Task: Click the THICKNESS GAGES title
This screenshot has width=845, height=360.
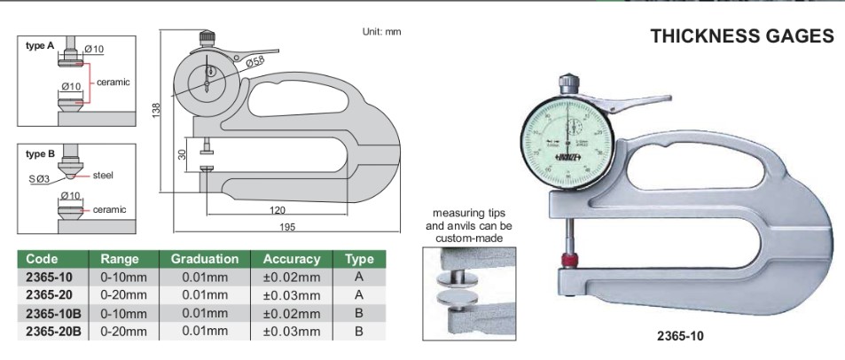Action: (742, 36)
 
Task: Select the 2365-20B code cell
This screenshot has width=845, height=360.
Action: (54, 331)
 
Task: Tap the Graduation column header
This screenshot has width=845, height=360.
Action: (205, 259)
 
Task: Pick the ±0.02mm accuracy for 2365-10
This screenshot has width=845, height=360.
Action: (292, 276)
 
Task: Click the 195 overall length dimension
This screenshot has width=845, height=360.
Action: (286, 228)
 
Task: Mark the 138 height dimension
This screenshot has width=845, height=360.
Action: (156, 110)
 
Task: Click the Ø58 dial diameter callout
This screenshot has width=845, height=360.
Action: (255, 62)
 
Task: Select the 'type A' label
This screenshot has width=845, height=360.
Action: (40, 45)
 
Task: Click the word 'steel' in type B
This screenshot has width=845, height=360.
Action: (103, 175)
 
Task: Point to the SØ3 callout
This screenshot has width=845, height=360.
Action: (38, 180)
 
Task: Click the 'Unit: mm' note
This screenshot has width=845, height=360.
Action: (381, 31)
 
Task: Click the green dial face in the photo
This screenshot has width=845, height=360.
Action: (564, 141)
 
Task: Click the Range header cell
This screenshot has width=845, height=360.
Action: (120, 259)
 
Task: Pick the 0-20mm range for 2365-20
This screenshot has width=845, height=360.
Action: (124, 294)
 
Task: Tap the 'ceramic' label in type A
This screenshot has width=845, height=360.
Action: (113, 82)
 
